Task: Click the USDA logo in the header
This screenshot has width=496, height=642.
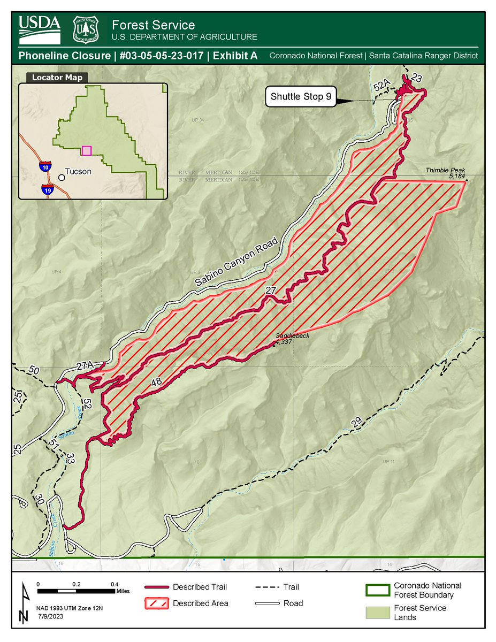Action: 40,29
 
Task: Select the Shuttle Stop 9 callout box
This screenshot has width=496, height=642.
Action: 303,97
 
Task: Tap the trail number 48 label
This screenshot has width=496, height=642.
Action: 156,382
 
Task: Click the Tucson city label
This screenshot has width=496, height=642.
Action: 78,172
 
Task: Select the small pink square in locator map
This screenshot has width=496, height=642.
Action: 87,150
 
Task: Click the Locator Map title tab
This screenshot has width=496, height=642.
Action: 57,78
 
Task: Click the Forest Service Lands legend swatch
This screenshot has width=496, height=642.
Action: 377,613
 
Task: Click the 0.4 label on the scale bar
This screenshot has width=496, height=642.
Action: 114,584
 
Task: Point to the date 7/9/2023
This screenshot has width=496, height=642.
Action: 51,616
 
